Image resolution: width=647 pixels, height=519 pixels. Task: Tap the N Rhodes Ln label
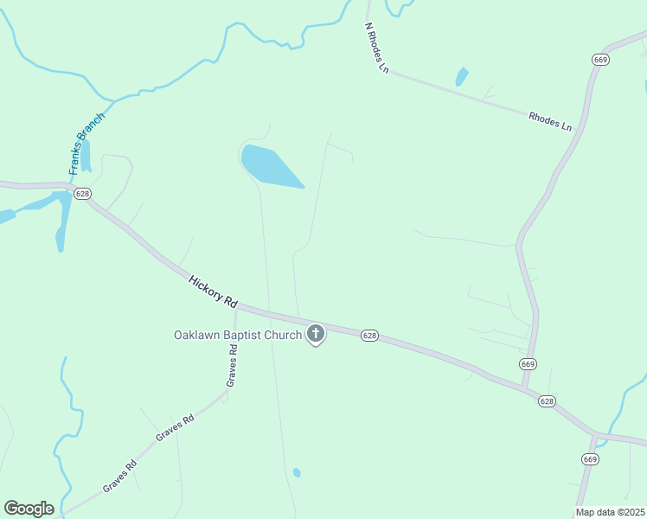tap(375, 48)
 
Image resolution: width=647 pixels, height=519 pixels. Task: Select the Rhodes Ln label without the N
tap(550, 120)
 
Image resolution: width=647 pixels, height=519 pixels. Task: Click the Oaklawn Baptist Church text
tap(238, 335)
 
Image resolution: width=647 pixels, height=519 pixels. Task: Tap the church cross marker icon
tap(316, 334)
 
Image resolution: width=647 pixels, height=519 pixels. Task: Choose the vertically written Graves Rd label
tap(232, 365)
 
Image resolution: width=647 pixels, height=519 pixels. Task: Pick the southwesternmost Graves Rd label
tap(120, 475)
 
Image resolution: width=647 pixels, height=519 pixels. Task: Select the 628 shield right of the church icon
tap(369, 335)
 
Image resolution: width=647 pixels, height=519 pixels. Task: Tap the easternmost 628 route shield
tap(547, 401)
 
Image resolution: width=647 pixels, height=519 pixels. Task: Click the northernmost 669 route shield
tap(601, 59)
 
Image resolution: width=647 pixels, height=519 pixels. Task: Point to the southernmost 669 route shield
tap(590, 458)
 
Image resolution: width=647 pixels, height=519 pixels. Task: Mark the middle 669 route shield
tap(528, 363)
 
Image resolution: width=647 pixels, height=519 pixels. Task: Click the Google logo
tap(29, 509)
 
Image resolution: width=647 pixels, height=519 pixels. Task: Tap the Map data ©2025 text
tap(611, 512)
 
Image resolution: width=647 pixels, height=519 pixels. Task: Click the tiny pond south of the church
tap(297, 472)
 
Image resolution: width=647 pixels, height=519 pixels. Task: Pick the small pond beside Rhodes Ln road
tap(462, 76)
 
